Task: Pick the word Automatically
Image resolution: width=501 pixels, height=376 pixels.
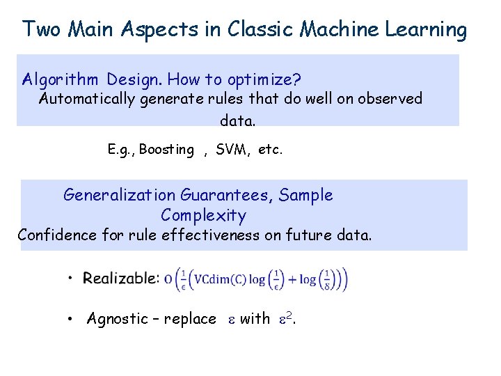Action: tap(87, 99)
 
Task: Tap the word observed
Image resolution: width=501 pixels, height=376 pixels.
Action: tap(390, 99)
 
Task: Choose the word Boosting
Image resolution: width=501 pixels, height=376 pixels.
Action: tap(166, 150)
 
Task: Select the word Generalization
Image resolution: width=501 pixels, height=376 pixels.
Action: tap(119, 195)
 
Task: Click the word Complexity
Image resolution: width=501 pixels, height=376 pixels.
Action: tap(203, 215)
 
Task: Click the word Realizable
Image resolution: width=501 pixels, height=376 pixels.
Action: tap(121, 279)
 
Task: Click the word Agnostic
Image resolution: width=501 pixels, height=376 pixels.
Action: tap(117, 319)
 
